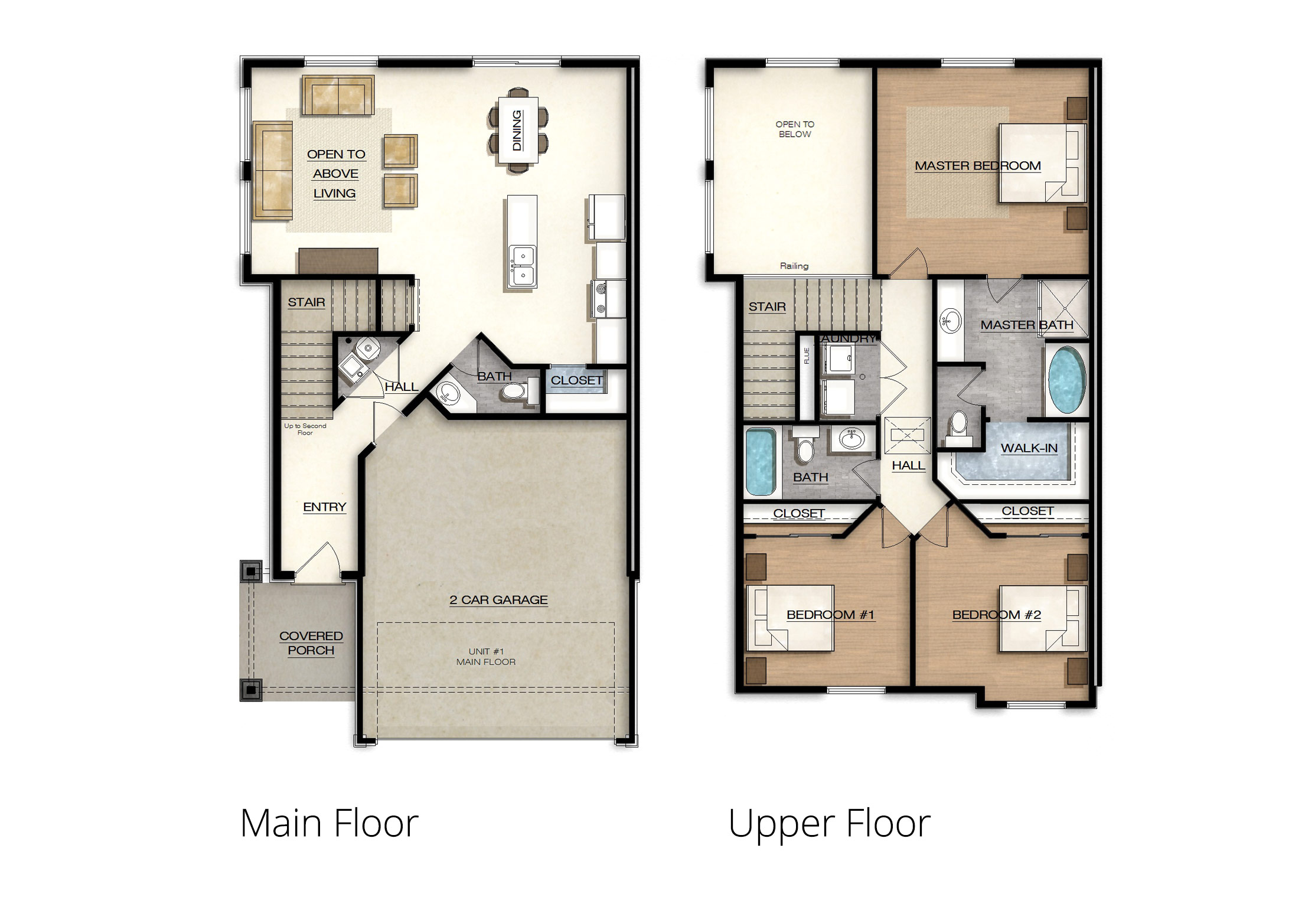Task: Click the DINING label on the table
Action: tap(517, 130)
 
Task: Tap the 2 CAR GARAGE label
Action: tap(498, 600)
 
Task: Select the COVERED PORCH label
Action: tap(311, 643)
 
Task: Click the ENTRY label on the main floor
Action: tap(325, 507)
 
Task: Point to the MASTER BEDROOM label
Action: tap(978, 166)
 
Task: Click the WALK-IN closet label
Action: tap(1029, 448)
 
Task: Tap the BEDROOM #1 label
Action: tap(830, 615)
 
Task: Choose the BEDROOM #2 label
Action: tap(997, 615)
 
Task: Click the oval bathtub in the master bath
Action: tap(1066, 380)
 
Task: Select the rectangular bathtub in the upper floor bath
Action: tap(761, 462)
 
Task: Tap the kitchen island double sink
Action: tap(523, 266)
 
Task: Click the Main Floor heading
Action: tap(329, 823)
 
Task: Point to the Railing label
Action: tap(794, 266)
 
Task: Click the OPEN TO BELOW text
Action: tap(795, 129)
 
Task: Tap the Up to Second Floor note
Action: tap(305, 429)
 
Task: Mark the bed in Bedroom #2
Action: tap(1043, 619)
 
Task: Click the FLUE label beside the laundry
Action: tap(807, 355)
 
